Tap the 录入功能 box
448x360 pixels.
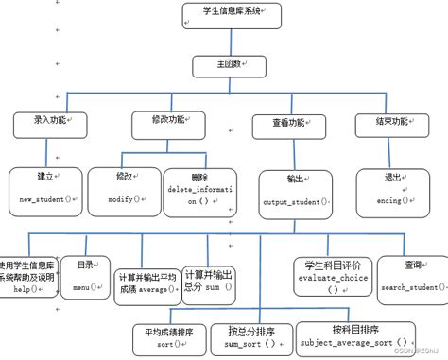49,123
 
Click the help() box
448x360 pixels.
28,277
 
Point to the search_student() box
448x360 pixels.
412,278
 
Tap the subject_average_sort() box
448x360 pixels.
355,336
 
